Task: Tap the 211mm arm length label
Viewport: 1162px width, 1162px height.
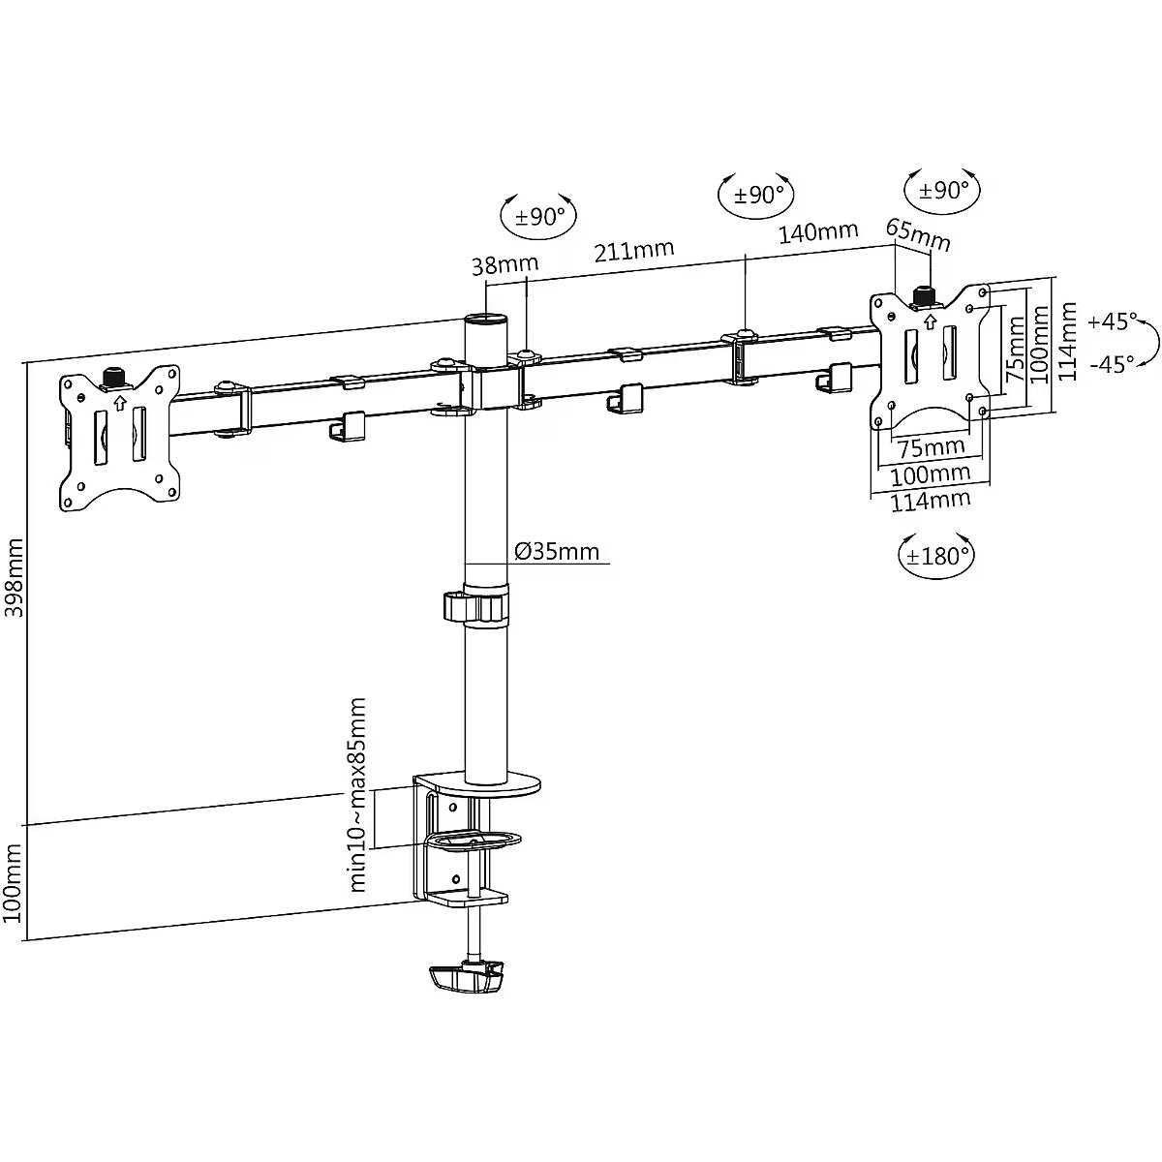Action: (x=633, y=251)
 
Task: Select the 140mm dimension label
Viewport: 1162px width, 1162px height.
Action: (x=818, y=231)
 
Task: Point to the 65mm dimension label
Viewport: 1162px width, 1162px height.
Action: (x=918, y=233)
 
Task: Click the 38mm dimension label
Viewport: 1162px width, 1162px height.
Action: (x=505, y=264)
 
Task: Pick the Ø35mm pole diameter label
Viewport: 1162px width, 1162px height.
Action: (x=557, y=552)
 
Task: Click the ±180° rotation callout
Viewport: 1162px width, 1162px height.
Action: (x=937, y=556)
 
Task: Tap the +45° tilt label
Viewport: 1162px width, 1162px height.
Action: (x=1110, y=321)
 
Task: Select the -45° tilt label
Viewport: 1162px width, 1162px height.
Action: (x=1110, y=364)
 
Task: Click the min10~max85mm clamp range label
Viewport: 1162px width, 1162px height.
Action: (x=357, y=794)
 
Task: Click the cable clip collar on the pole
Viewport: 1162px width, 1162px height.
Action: (x=475, y=606)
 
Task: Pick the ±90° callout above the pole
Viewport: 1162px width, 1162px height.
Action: (x=539, y=216)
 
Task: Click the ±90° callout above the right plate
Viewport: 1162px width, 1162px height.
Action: (x=942, y=190)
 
